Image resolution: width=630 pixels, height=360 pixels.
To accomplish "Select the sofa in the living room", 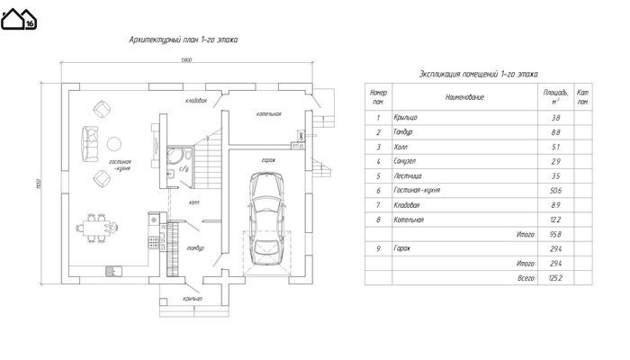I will pos(91,140).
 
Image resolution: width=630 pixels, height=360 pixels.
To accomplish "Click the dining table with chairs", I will pos(97,225).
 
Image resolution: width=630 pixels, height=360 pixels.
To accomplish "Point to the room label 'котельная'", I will pos(268,114).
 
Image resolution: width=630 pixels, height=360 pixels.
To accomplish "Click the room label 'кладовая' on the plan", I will pos(196,101).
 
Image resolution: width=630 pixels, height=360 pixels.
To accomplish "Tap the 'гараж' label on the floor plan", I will pos(268,159).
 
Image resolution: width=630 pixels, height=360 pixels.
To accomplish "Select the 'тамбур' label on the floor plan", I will pos(195,247).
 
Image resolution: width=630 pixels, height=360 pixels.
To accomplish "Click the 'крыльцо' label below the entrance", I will pos(192,299).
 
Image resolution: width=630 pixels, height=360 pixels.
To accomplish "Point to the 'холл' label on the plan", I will pos(194,203).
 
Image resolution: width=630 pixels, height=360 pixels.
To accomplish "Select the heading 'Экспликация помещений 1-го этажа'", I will pos(478,74).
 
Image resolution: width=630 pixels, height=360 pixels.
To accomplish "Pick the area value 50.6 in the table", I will pos(554,191).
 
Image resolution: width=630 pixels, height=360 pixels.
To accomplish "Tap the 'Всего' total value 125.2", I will pos(554,278).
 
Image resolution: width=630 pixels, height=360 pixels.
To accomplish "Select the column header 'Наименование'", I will pos(464,96).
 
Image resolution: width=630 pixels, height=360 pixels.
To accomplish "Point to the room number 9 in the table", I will pos(379,248).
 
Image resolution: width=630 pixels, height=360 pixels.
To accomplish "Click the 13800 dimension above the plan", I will pos(186,60).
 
